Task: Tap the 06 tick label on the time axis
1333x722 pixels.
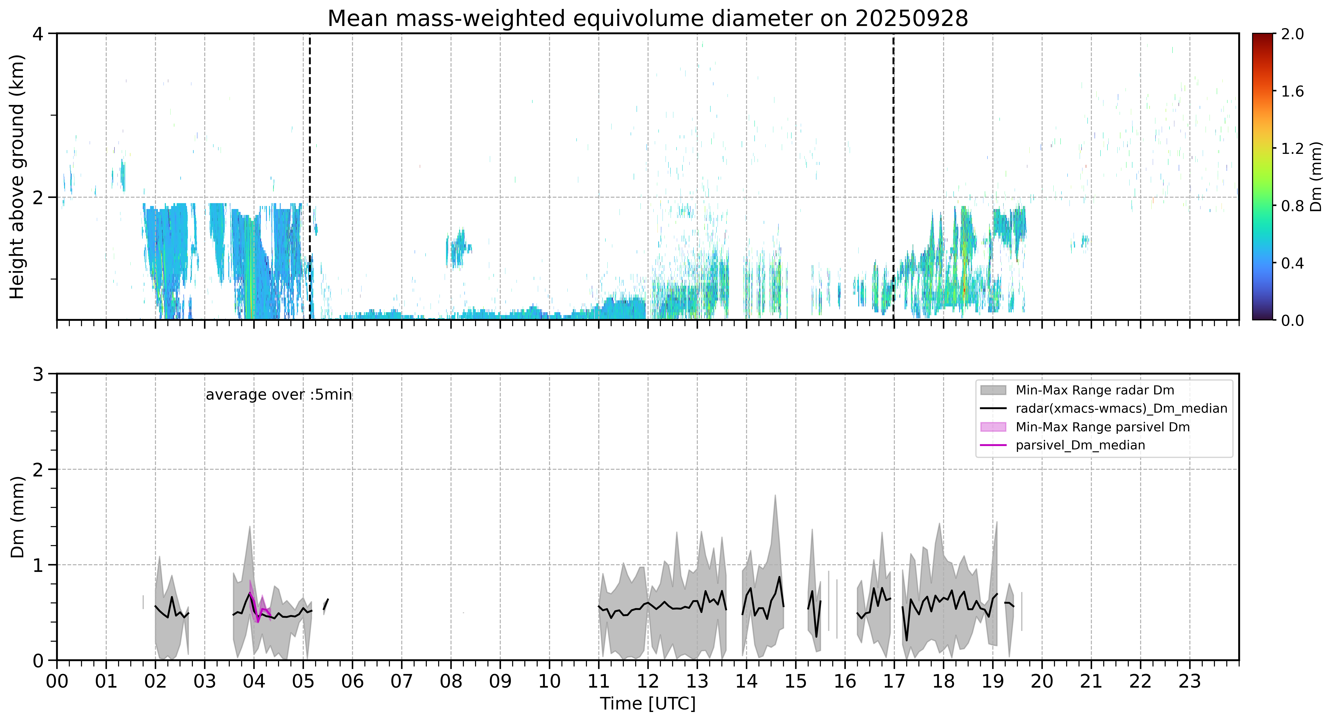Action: tap(352, 681)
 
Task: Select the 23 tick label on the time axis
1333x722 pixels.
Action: tap(1190, 681)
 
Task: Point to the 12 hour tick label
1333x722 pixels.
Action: tap(648, 681)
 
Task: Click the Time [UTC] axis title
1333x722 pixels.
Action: tap(648, 704)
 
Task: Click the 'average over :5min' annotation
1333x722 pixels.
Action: tap(278, 395)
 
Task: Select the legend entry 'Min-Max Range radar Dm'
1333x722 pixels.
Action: tap(1094, 390)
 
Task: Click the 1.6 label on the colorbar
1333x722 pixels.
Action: tap(1292, 92)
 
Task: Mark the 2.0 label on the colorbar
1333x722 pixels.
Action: tap(1292, 34)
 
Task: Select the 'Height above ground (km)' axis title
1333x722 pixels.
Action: tap(17, 176)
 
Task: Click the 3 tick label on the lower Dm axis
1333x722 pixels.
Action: tap(38, 374)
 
